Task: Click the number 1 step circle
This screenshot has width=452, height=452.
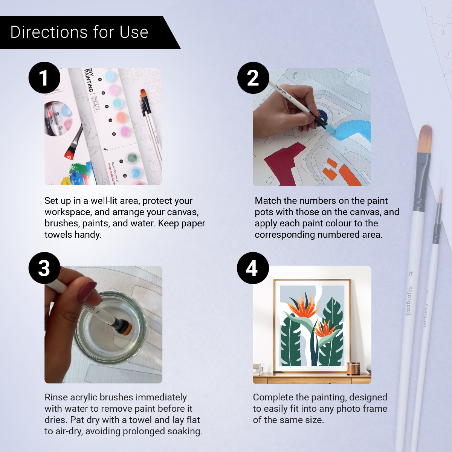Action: pyautogui.click(x=44, y=78)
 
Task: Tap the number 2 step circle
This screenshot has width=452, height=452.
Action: pyautogui.click(x=253, y=78)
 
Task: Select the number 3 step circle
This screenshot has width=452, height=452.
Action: pyautogui.click(x=44, y=268)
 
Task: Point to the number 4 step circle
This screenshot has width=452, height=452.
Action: pyautogui.click(x=253, y=268)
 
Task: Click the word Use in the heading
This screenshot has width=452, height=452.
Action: pyautogui.click(x=134, y=32)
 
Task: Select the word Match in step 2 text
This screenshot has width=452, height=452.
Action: pyautogui.click(x=268, y=201)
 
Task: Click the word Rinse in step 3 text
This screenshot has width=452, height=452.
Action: pyautogui.click(x=56, y=397)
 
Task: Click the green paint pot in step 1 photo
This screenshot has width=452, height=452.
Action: pyautogui.click(x=132, y=157)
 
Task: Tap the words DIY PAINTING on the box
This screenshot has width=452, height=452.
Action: pyautogui.click(x=89, y=80)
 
